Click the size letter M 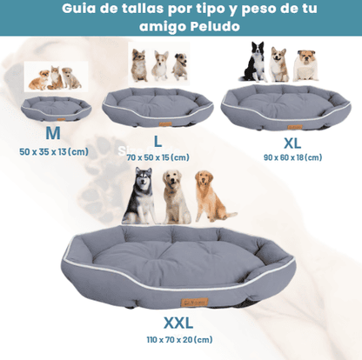click(53, 133)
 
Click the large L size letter click(158, 140)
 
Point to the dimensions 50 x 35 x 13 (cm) click(53, 151)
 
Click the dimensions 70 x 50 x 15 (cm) click(158, 157)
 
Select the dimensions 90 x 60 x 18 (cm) click(292, 157)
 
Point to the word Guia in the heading click(80, 10)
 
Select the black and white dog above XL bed click(254, 63)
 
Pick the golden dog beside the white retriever click(210, 198)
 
